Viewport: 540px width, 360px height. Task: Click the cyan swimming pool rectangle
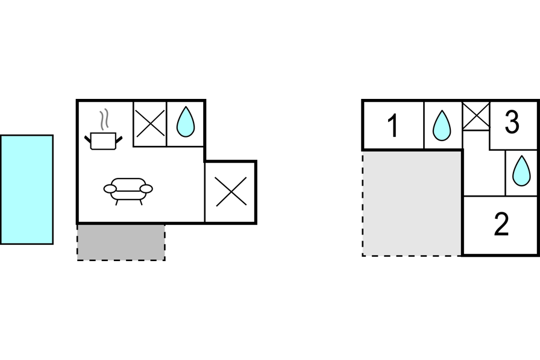tap(27, 189)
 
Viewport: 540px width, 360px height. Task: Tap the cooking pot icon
tap(103, 141)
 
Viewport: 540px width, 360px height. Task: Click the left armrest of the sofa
tap(110, 189)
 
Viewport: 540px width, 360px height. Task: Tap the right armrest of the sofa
tap(146, 189)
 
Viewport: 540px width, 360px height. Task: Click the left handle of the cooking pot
tap(88, 139)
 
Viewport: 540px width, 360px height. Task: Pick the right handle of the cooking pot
tap(119, 139)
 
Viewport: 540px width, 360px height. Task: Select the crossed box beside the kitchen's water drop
tap(149, 124)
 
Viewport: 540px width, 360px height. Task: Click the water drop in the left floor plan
tap(185, 122)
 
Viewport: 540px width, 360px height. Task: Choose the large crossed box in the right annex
tap(231, 192)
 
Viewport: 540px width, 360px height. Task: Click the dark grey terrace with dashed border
tap(121, 242)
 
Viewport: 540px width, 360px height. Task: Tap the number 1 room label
tap(392, 126)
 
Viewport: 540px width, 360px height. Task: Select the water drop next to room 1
tap(442, 125)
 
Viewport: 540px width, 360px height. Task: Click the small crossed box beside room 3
tap(476, 115)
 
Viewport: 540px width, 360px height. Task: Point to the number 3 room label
tap(512, 122)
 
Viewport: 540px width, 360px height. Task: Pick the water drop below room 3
tap(521, 171)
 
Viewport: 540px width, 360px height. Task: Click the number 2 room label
tap(501, 225)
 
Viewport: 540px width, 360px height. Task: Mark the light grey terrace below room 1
tap(412, 203)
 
